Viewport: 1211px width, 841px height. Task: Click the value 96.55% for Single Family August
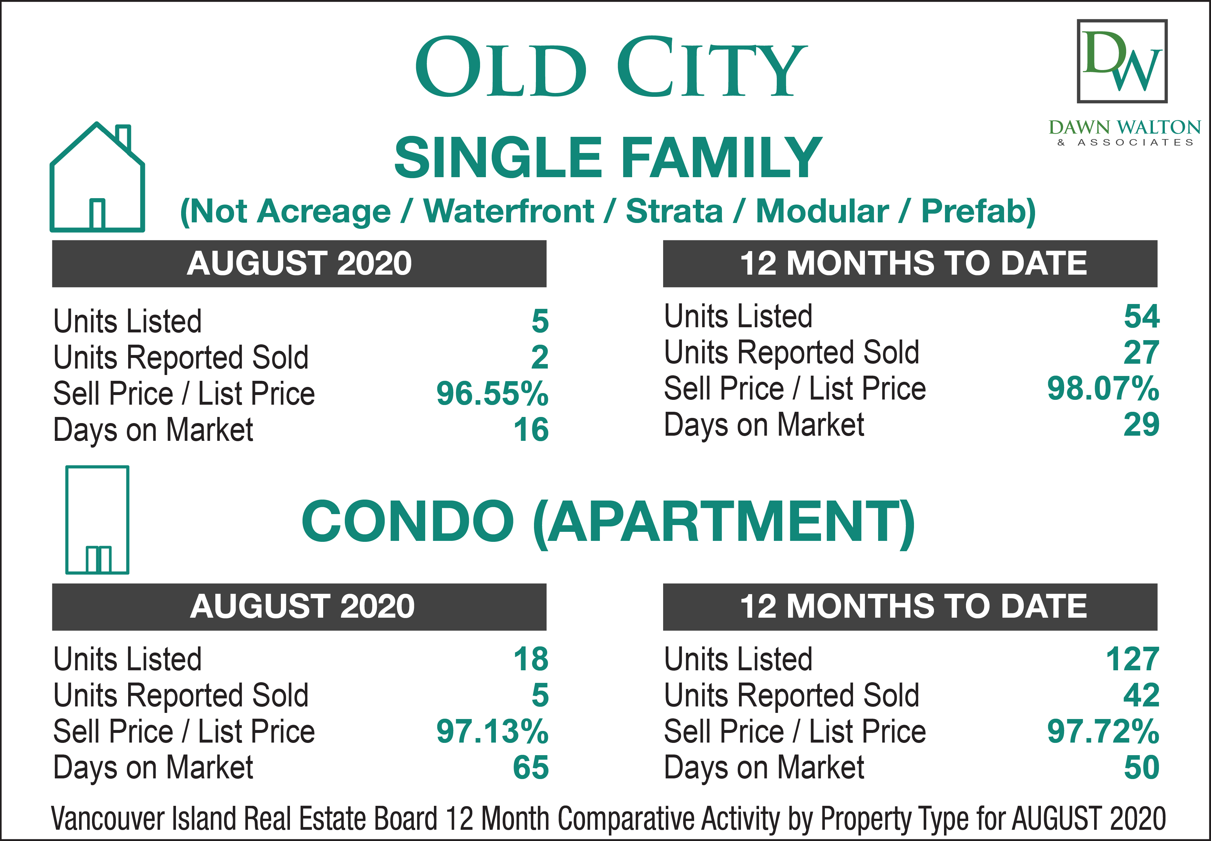pos(492,394)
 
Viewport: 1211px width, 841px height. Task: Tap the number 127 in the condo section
pos(1133,659)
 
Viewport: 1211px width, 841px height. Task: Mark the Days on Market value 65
pos(531,768)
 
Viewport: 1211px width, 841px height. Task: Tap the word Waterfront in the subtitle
pos(509,211)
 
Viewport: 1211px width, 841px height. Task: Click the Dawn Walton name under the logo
pos(1124,127)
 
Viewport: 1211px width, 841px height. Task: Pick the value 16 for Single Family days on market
pos(531,430)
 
